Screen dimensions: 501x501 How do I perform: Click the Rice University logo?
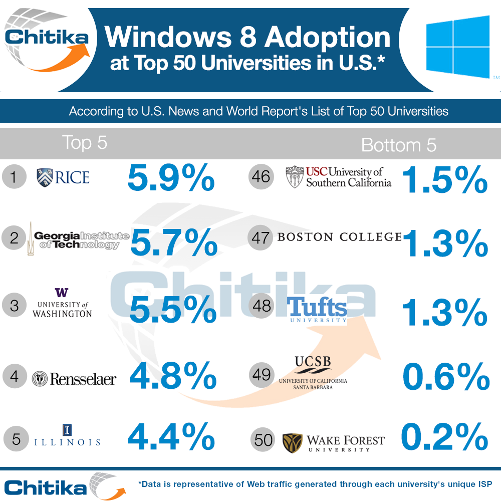pos(63,177)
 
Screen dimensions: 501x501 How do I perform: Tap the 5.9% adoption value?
pos(171,178)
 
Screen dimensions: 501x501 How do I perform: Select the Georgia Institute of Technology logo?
pos(78,238)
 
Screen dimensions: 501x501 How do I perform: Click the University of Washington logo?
pos(62,303)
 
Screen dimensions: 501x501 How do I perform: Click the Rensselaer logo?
pos(74,379)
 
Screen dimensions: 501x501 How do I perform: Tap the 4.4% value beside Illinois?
pos(171,437)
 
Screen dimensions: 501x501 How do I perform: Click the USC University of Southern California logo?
pos(338,177)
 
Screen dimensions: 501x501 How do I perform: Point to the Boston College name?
pos(339,237)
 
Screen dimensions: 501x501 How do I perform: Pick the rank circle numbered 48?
pos(262,306)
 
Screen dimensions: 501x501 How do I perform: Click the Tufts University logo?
pos(318,310)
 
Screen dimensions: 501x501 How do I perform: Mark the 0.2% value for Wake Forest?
pos(444,437)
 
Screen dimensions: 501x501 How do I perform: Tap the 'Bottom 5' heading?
pos(398,145)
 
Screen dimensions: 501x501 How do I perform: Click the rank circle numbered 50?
pos(264,440)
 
